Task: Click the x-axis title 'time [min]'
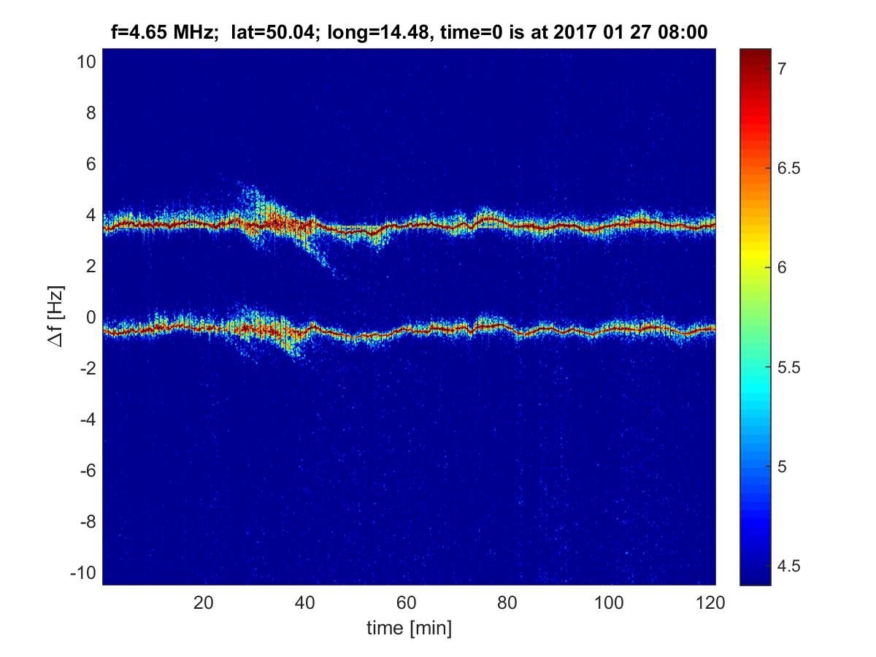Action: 409,628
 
